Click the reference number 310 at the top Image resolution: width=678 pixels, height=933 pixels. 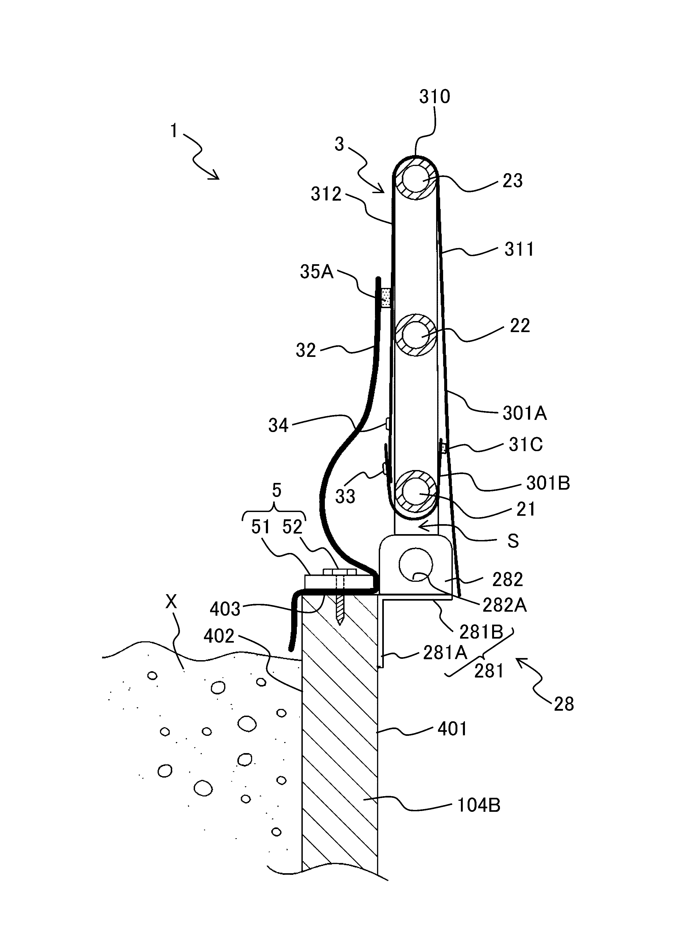point(434,97)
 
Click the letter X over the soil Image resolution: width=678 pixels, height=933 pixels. point(171,602)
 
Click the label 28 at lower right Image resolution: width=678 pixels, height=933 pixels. point(564,705)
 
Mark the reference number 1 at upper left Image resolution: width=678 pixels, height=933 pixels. point(174,131)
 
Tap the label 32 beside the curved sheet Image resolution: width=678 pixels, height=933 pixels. point(306,350)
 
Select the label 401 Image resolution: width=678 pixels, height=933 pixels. point(452,729)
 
